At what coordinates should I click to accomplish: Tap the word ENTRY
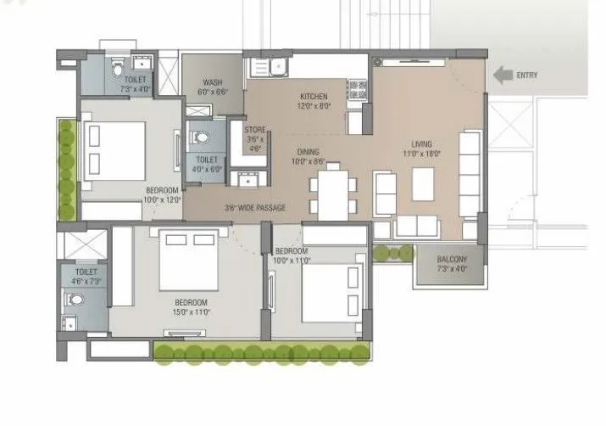coord(526,76)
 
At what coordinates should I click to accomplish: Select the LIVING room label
coord(416,149)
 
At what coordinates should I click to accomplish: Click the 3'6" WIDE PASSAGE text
coord(254,208)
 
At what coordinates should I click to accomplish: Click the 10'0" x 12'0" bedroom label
coord(162,194)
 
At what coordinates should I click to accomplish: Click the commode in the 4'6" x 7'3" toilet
coord(75,298)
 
